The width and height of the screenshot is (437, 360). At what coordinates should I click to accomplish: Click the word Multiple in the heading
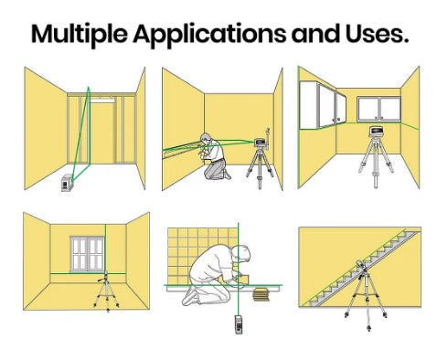(80, 34)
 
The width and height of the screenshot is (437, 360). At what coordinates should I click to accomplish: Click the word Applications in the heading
(209, 35)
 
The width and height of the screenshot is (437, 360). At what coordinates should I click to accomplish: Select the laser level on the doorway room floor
(68, 183)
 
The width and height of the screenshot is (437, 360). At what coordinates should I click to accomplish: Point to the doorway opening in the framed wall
(102, 132)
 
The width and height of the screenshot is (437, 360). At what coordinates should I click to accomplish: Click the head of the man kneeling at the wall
(207, 139)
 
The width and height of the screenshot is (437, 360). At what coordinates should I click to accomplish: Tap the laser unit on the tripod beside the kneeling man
(261, 143)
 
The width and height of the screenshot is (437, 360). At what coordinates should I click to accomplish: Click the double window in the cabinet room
(378, 109)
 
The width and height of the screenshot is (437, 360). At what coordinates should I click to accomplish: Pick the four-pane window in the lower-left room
(88, 254)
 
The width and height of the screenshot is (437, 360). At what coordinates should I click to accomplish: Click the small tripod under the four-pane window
(107, 292)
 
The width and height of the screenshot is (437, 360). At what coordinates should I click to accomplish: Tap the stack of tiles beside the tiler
(261, 294)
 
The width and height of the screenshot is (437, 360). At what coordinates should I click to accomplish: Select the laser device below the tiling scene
(239, 324)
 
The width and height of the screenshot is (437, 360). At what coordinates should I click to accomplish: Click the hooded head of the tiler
(241, 255)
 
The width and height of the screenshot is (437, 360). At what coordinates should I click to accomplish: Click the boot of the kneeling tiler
(189, 297)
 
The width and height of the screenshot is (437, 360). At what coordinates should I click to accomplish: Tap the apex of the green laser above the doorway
(89, 88)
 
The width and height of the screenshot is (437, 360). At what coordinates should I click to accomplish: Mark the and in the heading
(315, 34)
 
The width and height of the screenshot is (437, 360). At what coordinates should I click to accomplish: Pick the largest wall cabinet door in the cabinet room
(308, 104)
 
